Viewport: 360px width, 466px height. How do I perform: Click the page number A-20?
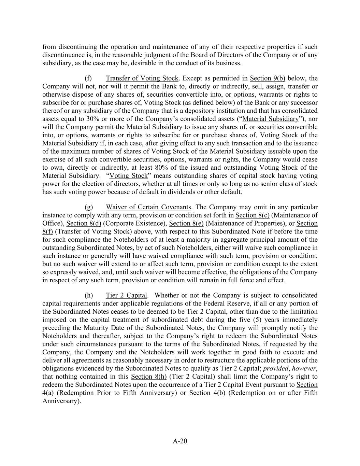click(180, 441)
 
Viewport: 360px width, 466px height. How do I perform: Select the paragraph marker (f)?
click(88, 78)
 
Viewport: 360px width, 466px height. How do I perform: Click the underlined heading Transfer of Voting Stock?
click(142, 78)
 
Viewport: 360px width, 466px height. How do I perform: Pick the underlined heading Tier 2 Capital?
click(127, 295)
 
